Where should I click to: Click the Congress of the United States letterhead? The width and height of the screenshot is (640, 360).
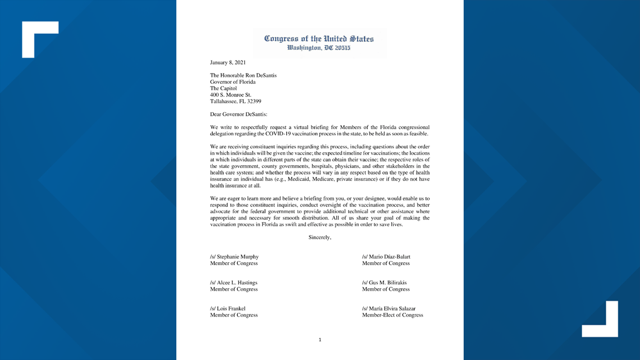319,39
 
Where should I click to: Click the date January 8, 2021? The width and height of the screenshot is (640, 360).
227,62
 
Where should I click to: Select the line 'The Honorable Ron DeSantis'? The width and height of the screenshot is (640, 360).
243,75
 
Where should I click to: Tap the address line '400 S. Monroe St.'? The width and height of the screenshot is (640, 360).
231,95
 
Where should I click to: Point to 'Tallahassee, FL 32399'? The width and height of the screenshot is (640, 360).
235,102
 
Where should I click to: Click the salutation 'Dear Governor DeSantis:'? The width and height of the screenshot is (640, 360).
239,115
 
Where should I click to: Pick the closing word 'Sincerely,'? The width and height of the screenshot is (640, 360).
320,238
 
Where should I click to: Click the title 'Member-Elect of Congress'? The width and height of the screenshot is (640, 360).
392,315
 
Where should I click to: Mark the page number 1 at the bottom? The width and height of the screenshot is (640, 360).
320,340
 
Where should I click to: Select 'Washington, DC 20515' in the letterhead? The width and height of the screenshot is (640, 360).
319,48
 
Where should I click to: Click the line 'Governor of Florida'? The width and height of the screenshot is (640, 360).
232,82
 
